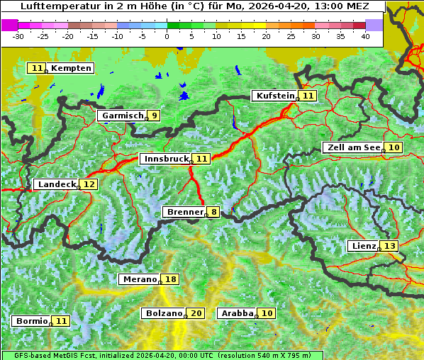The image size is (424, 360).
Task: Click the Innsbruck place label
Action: pyautogui.click(x=166, y=159)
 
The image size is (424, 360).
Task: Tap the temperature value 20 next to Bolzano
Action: pyautogui.click(x=196, y=313)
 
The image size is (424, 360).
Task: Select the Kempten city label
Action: pyautogui.click(x=71, y=68)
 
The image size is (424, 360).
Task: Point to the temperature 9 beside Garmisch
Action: pyautogui.click(x=154, y=116)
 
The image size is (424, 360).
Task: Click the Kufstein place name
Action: pyautogui.click(x=274, y=96)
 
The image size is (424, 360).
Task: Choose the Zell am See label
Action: pyautogui.click(x=353, y=147)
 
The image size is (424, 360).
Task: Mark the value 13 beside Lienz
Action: pyautogui.click(x=391, y=246)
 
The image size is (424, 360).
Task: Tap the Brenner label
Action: pyautogui.click(x=184, y=212)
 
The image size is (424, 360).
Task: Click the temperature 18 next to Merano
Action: pyautogui.click(x=171, y=279)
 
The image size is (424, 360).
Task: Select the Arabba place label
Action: pyautogui.click(x=237, y=313)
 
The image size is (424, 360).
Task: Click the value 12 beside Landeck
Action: pyautogui.click(x=89, y=184)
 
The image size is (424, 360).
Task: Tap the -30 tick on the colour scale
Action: pyautogui.click(x=18, y=36)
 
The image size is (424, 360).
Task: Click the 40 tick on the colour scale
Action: pyautogui.click(x=365, y=36)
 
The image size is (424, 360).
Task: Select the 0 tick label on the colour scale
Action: pyautogui.click(x=167, y=36)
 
